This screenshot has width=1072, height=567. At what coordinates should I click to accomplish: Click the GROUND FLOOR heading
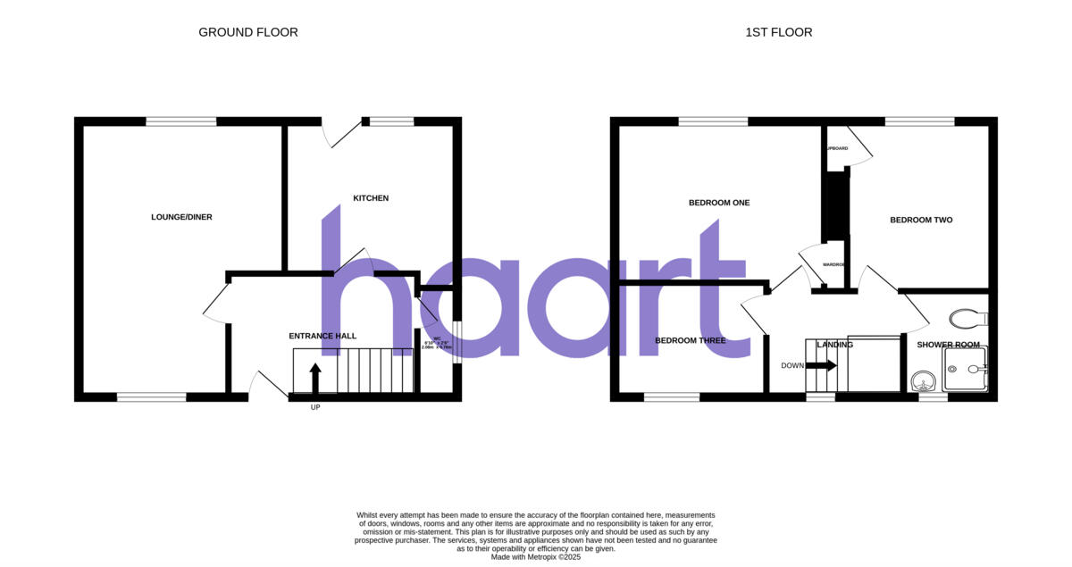(x=247, y=32)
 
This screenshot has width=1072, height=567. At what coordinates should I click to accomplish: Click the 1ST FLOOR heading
(x=779, y=32)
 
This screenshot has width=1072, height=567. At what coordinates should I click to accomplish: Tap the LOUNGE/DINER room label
(x=181, y=217)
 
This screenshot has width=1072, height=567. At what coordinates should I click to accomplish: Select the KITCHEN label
(x=371, y=198)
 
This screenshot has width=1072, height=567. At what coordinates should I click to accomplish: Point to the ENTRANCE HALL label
(x=322, y=336)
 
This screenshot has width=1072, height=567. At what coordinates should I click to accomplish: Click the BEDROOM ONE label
(x=719, y=203)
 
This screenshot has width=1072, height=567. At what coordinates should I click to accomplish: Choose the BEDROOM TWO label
(x=921, y=220)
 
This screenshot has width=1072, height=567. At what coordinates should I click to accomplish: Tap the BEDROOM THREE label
(x=690, y=340)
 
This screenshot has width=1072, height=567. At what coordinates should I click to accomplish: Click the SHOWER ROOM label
(x=948, y=345)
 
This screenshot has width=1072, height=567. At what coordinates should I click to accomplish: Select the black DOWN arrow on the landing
(x=822, y=365)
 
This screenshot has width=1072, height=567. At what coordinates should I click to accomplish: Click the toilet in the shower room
(x=967, y=318)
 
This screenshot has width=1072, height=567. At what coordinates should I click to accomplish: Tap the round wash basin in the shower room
(x=921, y=381)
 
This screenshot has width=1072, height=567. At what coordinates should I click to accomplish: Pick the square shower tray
(x=964, y=370)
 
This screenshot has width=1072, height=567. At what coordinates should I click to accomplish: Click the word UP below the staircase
(x=315, y=407)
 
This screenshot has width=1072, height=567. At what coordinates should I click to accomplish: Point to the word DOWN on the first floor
(x=791, y=365)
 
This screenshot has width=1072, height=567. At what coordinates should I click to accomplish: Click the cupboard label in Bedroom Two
(x=837, y=148)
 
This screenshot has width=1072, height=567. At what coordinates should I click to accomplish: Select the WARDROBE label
(x=833, y=265)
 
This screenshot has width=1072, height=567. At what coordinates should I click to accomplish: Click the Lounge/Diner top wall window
(x=181, y=121)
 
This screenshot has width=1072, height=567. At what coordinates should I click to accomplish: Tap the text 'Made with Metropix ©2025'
(x=536, y=556)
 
